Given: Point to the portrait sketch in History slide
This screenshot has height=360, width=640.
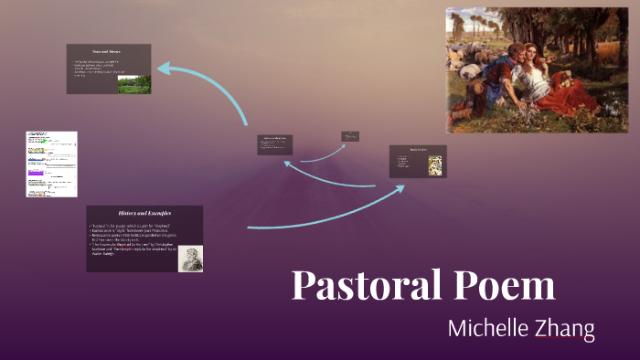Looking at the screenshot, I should pyautogui.click(x=190, y=259).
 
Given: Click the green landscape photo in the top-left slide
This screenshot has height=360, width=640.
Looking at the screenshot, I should pyautogui.click(x=134, y=84).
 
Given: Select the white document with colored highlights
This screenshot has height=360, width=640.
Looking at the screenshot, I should pyautogui.click(x=51, y=164).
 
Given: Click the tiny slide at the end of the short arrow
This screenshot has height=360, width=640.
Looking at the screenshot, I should pyautogui.click(x=350, y=136).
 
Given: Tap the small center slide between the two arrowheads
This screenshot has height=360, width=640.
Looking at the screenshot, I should pyautogui.click(x=275, y=145).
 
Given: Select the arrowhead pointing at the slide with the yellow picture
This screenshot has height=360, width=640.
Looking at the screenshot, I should pyautogui.click(x=400, y=189).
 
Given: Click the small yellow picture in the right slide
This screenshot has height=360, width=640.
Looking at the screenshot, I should pyautogui.click(x=436, y=165).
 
